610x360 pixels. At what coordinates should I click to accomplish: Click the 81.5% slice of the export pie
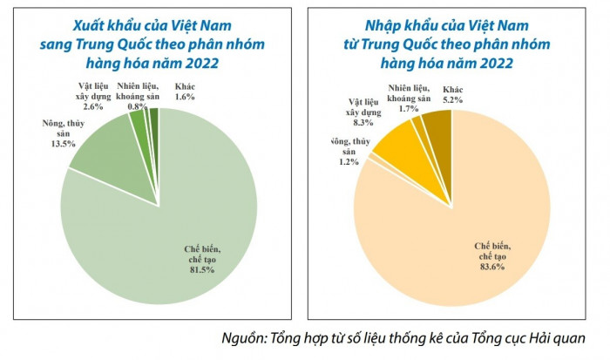[x=174, y=227]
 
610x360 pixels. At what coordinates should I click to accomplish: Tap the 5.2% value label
[x=452, y=101]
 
